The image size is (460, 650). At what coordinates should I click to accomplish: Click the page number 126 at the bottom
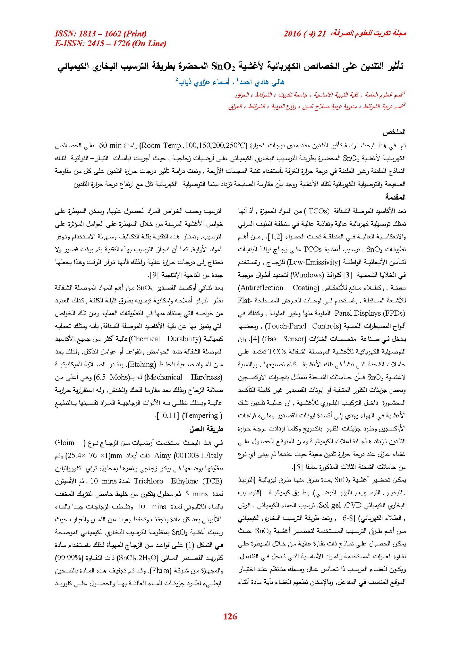tap(230, 616)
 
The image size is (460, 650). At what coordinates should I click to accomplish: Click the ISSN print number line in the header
tap(101, 34)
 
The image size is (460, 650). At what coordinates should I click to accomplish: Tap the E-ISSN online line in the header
tap(110, 43)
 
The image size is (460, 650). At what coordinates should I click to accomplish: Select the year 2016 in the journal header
tap(292, 34)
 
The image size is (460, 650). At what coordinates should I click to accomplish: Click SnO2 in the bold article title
tap(223, 67)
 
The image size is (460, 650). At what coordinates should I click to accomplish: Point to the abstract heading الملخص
tap(394, 132)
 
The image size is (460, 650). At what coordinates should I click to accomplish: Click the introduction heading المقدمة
tap(395, 197)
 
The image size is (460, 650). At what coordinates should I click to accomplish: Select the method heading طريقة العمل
tap(206, 429)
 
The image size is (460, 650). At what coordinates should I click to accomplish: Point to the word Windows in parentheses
tap(308, 275)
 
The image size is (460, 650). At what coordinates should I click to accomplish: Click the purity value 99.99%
tap(69, 558)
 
